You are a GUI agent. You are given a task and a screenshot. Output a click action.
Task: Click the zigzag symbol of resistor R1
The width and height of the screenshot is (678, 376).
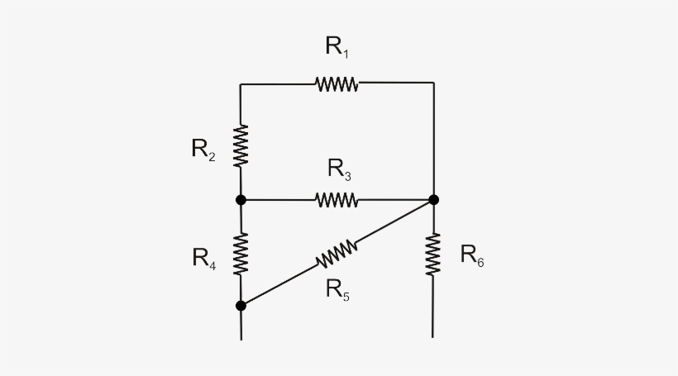pos(337,83)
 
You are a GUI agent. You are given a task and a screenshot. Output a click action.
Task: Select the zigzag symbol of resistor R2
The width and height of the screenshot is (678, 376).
pos(241,145)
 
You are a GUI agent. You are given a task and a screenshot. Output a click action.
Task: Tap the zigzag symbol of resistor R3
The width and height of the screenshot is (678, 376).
pos(337,199)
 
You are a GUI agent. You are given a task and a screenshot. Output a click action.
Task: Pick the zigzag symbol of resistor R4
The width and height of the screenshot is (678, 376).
pos(241,253)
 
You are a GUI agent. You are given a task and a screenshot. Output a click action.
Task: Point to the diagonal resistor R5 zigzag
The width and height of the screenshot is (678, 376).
pos(337,255)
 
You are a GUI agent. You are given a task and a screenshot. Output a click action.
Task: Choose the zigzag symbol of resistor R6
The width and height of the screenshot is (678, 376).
pos(433,254)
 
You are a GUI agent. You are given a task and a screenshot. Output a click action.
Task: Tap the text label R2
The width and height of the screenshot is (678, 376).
pos(203,150)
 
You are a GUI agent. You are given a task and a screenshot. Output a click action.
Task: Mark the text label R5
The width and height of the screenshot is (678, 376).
pos(337,289)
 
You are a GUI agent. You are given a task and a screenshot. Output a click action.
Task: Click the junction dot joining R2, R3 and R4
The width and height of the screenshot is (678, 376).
pos(241,199)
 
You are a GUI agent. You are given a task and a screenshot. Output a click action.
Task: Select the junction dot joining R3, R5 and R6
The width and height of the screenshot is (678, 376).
pos(433,199)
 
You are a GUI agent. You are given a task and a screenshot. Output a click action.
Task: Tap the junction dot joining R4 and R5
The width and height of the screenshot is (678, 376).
pos(241,306)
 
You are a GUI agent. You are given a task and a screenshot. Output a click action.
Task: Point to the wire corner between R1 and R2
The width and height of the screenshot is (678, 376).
pos(241,83)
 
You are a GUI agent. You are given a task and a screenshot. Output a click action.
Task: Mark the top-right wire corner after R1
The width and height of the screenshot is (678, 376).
pos(433,83)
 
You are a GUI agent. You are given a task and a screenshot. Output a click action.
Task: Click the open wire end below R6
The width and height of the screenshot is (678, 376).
pos(433,336)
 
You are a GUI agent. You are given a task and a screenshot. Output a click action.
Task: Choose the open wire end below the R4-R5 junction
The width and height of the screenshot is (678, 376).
pos(241,338)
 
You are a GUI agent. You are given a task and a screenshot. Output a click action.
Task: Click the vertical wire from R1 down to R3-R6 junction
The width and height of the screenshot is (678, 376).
pos(433,140)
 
